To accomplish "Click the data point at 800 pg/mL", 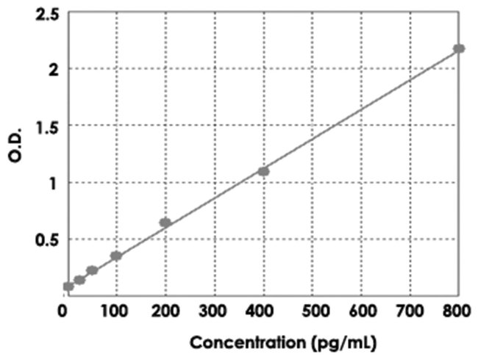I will click(459, 48).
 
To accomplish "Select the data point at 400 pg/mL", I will click(263, 171).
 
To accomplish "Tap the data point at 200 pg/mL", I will click(165, 223).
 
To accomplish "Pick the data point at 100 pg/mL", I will click(115, 256).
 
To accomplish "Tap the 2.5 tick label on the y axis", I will click(46, 12).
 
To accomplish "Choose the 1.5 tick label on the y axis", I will click(46, 126).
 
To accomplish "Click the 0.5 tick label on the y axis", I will click(46, 240).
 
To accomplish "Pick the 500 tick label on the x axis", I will click(313, 312).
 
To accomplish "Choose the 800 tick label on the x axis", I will click(457, 312).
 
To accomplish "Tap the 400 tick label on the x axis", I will click(263, 312).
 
